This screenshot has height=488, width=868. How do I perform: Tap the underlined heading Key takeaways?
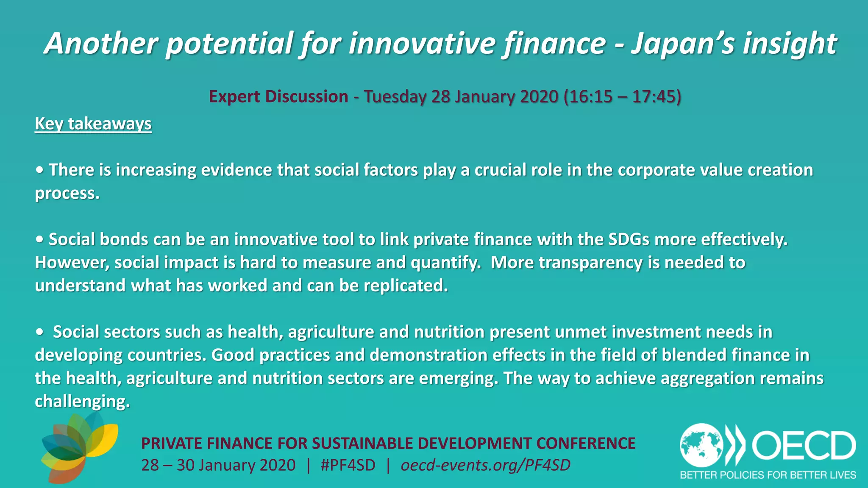tap(93, 124)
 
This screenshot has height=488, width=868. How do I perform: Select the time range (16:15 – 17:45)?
tap(622, 97)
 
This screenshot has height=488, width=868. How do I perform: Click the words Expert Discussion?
tap(278, 97)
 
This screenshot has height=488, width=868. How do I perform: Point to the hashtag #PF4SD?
tap(348, 465)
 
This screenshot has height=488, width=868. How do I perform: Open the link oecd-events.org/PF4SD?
tap(485, 465)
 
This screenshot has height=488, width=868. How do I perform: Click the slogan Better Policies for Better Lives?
tap(768, 475)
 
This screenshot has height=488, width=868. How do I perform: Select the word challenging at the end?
tap(82, 401)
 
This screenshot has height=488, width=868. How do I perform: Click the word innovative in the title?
tap(422, 44)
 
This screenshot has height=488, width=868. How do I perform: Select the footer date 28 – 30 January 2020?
tap(218, 465)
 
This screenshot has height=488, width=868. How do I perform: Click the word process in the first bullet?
tap(67, 194)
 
